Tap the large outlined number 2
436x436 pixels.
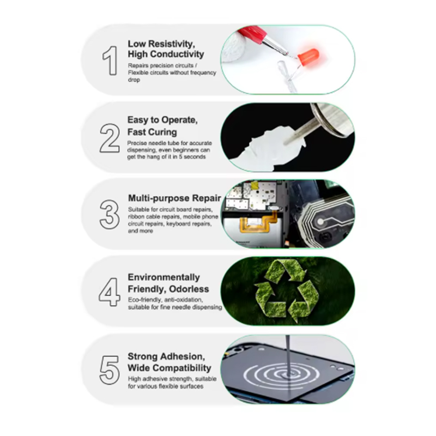(110, 138)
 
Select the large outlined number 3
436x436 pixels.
(110, 214)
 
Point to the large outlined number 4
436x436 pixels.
(110, 292)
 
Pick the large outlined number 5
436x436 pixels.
(110, 370)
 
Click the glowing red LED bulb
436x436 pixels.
(308, 57)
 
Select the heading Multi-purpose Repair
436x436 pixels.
(174, 198)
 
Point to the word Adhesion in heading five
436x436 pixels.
(183, 356)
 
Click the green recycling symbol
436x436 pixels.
(287, 291)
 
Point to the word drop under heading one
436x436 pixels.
(134, 80)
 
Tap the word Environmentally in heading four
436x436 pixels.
(164, 277)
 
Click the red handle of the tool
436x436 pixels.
(251, 34)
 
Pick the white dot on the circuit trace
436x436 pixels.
(320, 222)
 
